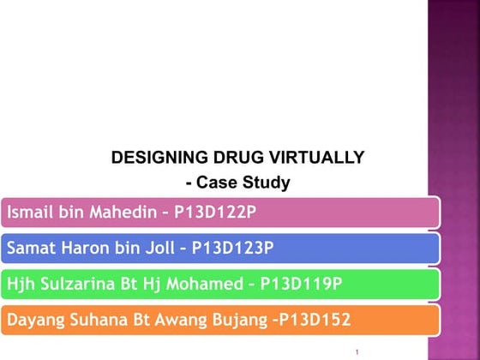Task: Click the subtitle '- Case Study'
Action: (237, 183)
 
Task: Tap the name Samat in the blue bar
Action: (30, 249)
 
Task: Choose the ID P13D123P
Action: (232, 249)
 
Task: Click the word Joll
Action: (162, 249)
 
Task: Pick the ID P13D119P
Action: (301, 284)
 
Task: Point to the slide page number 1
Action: (355, 351)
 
